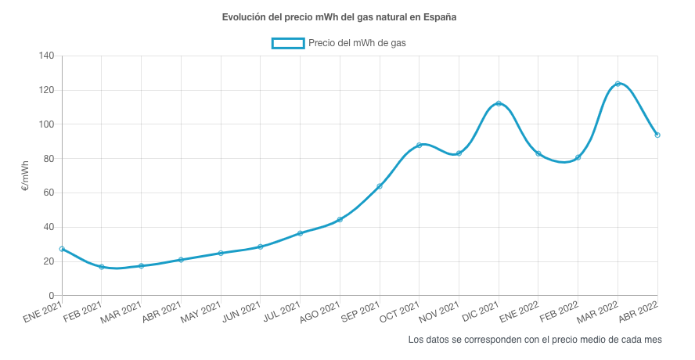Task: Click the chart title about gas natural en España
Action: click(339, 17)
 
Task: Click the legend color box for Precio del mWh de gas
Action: click(287, 43)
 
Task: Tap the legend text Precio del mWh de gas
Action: click(357, 43)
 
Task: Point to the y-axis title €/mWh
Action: click(25, 176)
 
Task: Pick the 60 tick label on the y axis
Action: click(48, 193)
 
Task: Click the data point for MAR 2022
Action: click(618, 84)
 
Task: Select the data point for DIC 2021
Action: click(499, 104)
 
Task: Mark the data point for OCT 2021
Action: click(420, 145)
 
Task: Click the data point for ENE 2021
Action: click(62, 249)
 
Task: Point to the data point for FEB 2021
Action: click(102, 267)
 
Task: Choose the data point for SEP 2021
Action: click(380, 186)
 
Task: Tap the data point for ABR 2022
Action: click(657, 135)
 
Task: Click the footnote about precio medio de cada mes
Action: click(535, 340)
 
